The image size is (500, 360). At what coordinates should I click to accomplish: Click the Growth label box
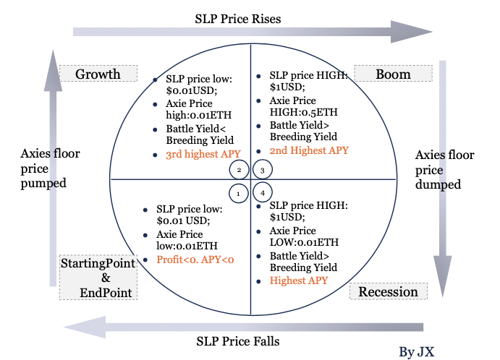98,74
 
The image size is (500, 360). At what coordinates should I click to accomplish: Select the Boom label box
393,74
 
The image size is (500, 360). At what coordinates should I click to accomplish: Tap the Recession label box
389,291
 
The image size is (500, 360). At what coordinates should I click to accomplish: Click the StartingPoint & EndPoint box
98,277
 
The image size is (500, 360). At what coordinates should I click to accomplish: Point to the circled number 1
239,193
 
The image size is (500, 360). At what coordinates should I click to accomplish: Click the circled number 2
240,170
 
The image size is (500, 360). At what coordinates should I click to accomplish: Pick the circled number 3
263,170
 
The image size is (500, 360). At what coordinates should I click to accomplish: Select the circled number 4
263,193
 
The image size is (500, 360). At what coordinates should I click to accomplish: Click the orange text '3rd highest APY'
203,154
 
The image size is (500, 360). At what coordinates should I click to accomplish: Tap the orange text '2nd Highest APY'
309,150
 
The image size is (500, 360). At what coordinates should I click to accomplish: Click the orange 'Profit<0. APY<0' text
195,260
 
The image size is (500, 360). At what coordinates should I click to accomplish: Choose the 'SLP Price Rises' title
238,19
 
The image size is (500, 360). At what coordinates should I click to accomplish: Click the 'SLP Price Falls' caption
238,341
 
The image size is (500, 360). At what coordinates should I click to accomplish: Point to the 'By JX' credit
417,352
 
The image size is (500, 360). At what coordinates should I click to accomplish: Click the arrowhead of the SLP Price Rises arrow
411,32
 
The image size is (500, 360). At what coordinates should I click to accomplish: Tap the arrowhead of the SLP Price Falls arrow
85,327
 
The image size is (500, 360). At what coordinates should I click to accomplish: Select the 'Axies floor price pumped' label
50,168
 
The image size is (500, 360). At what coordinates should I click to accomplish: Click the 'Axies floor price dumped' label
444,170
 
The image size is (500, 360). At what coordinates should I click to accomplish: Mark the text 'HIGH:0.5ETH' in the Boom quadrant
304,112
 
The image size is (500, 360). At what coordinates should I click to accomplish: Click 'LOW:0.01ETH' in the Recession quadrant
304,242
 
